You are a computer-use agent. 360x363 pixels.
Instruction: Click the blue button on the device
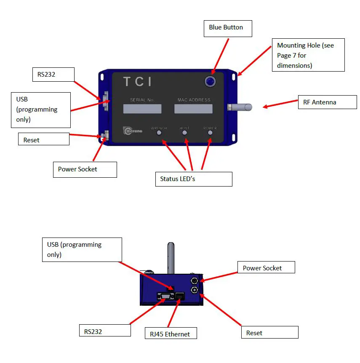tap(210, 81)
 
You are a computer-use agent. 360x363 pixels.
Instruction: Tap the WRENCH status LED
tap(159, 133)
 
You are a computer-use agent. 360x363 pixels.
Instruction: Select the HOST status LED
tap(184, 133)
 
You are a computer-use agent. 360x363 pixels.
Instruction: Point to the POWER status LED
tap(210, 133)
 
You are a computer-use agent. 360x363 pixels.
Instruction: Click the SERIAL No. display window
tap(142, 109)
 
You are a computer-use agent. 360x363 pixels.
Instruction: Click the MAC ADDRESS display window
tap(193, 109)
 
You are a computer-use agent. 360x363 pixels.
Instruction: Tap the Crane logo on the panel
tap(133, 131)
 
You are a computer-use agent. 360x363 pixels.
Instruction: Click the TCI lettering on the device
tap(137, 82)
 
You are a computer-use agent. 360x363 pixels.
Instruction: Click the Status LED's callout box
tap(194, 179)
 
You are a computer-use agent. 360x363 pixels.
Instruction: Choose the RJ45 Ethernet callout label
tap(171, 334)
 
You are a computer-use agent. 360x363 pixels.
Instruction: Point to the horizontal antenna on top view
tap(240, 107)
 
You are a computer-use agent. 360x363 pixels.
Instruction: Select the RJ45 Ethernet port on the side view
tap(180, 296)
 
